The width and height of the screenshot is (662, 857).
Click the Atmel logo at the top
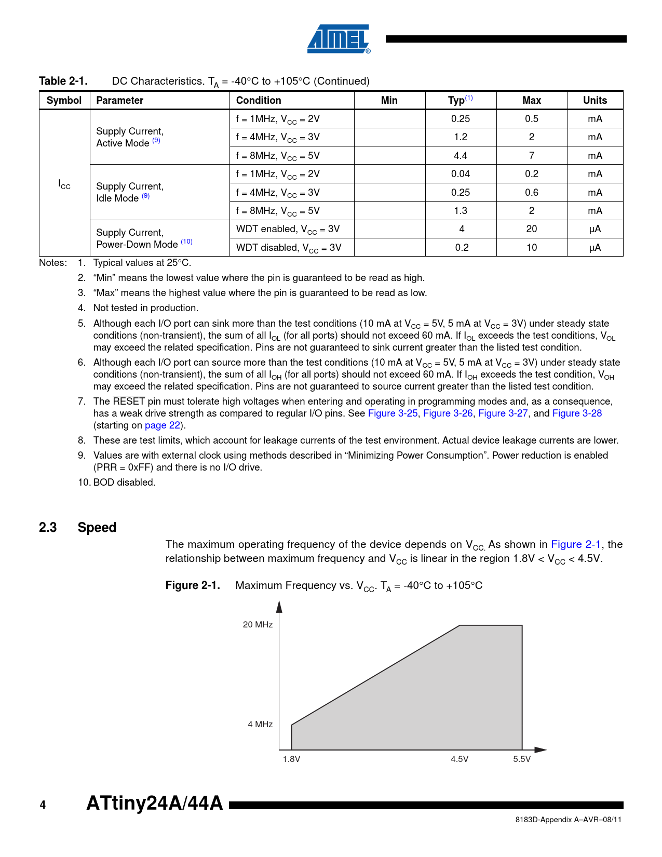coord(339,39)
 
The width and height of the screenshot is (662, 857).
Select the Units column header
coord(595,100)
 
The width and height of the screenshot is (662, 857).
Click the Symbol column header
coord(64,100)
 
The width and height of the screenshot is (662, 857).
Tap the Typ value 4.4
coord(460,155)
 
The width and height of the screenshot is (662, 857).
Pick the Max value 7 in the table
coord(531,155)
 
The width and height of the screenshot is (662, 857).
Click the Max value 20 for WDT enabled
coord(531,229)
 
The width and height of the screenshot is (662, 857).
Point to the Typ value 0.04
coord(460,174)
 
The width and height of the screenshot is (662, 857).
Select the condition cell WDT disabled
coord(289,248)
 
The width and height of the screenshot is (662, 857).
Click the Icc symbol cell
coord(64,184)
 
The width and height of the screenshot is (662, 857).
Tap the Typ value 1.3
coord(460,211)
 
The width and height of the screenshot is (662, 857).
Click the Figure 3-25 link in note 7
coord(393,413)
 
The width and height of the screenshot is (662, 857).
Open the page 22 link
coord(163,425)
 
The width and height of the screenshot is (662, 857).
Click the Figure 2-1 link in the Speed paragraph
coord(575,544)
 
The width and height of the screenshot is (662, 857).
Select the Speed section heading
coord(97,527)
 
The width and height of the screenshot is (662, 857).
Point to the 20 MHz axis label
coord(258,625)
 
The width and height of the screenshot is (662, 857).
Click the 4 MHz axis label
coord(260,725)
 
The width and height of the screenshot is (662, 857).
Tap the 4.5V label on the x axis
coord(460,759)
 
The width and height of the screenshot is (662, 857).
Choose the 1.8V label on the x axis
coord(291,759)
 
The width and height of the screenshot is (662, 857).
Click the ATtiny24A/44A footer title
coord(154,803)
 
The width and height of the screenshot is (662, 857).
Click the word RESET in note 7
coord(129,401)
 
